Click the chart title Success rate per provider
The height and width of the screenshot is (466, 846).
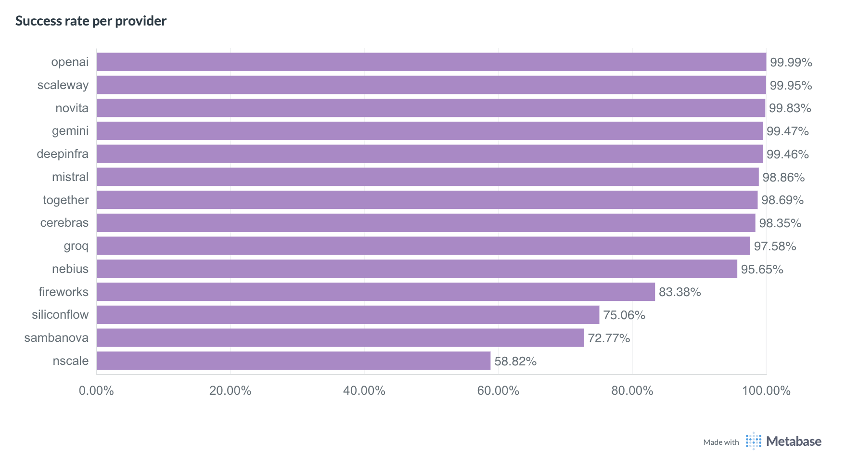click(91, 21)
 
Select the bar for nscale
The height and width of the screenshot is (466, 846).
click(294, 361)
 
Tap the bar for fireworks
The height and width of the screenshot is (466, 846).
click(375, 292)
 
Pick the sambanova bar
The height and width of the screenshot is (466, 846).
click(340, 338)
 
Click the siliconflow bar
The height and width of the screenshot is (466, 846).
click(348, 315)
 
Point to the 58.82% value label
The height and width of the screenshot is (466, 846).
click(515, 361)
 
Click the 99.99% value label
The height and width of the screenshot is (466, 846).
click(791, 62)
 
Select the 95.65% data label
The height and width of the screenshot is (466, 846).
click(762, 269)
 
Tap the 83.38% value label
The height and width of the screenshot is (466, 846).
click(679, 292)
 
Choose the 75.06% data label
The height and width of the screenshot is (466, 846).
click(624, 315)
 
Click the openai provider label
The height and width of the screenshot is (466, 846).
click(70, 62)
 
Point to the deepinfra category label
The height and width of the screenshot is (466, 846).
click(63, 154)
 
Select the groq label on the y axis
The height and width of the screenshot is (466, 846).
click(76, 246)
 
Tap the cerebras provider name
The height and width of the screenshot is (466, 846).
click(64, 223)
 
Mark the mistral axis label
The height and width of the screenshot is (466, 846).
click(70, 177)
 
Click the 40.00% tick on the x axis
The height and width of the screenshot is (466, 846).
click(364, 390)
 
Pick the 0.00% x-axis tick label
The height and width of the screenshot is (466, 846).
click(96, 390)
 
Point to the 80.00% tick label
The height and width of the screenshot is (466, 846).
click(632, 390)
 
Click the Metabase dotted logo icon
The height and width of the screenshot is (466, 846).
click(754, 441)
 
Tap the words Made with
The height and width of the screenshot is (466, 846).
click(721, 442)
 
